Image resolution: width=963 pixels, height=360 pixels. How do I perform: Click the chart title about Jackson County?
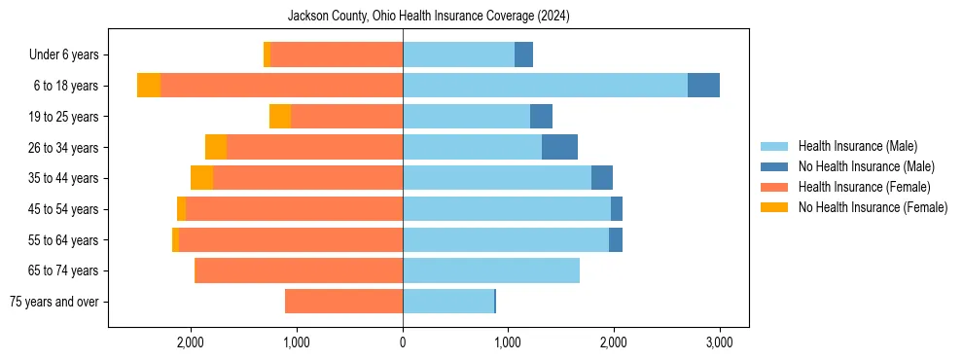click(x=429, y=17)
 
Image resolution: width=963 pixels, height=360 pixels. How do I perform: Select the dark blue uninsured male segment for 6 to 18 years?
click(x=703, y=86)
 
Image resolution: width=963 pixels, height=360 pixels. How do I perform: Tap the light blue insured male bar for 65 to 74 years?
click(x=491, y=270)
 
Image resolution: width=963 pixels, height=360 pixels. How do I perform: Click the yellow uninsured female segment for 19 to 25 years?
click(x=280, y=117)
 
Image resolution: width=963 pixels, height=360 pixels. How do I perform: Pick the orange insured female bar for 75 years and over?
click(x=343, y=302)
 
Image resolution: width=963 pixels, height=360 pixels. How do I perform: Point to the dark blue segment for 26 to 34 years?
click(x=559, y=147)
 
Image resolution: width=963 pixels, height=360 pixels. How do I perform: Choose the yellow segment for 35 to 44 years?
click(x=201, y=178)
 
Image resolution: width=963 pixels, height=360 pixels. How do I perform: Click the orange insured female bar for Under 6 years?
click(x=337, y=54)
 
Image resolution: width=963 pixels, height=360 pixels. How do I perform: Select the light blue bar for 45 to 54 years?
click(x=507, y=209)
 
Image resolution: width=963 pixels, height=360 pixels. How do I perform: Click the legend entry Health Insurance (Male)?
click(x=857, y=146)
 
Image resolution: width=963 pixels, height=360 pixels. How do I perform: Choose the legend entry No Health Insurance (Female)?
click(x=873, y=207)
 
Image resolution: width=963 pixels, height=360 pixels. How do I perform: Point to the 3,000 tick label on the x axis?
click(x=719, y=342)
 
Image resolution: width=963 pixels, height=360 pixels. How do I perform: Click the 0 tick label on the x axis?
click(x=403, y=342)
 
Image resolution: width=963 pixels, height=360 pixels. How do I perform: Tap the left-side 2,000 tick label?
click(x=191, y=342)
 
